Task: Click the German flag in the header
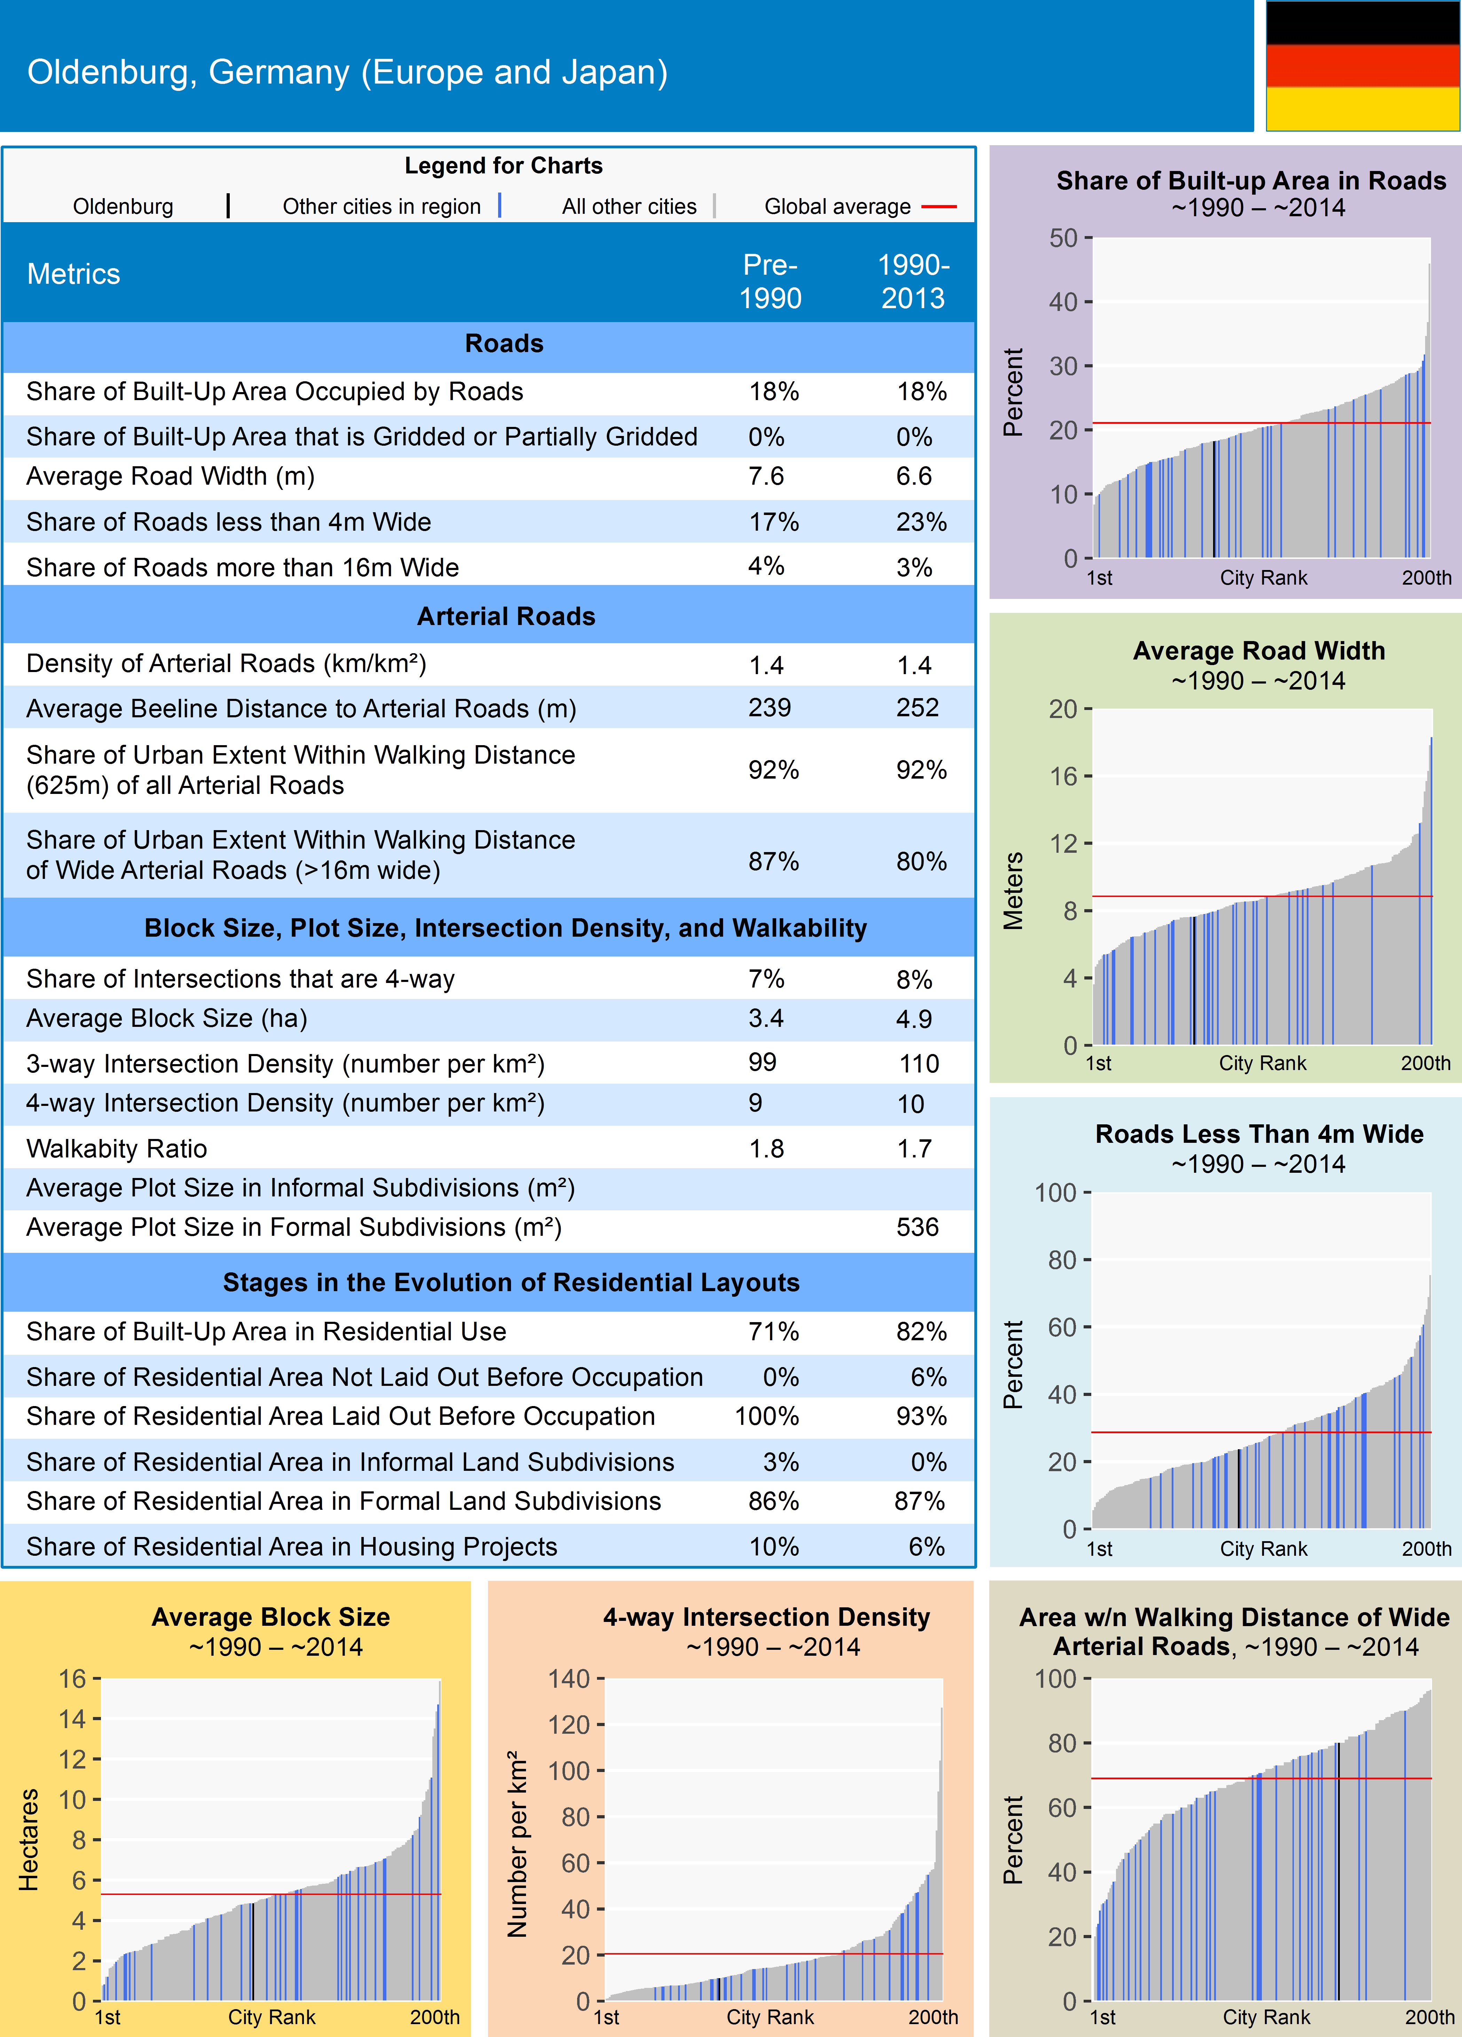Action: [x=1362, y=65]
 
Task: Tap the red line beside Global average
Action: [x=938, y=206]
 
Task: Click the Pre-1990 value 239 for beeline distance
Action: [x=770, y=708]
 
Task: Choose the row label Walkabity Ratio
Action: [x=117, y=1149]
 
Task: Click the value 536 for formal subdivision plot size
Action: [x=917, y=1227]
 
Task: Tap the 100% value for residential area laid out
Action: [x=767, y=1416]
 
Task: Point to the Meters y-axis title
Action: [x=1013, y=890]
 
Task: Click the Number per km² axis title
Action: [x=517, y=1843]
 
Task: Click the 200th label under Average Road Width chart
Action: [x=1425, y=1063]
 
